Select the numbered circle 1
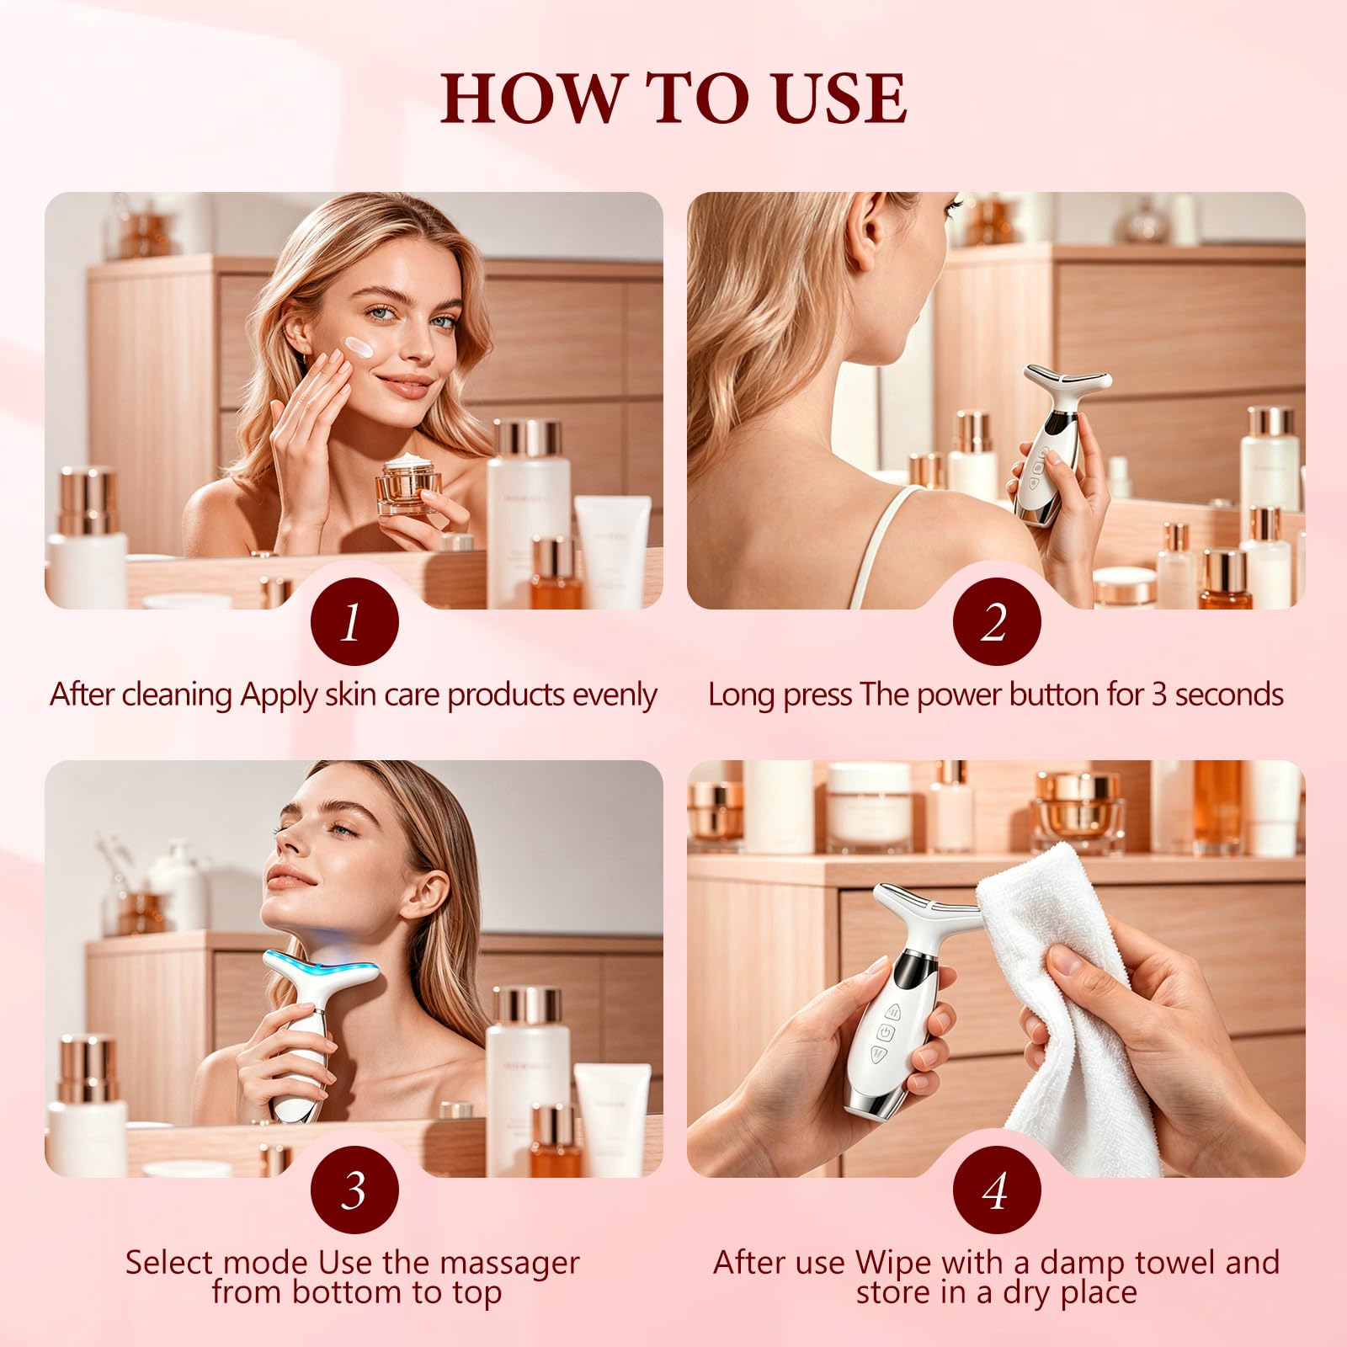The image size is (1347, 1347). (354, 622)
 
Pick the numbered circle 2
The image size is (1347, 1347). (997, 622)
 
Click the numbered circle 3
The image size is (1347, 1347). (354, 1190)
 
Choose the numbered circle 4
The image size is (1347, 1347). (997, 1190)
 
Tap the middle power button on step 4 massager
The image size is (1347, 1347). (886, 1031)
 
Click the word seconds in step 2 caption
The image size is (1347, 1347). (1229, 695)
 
